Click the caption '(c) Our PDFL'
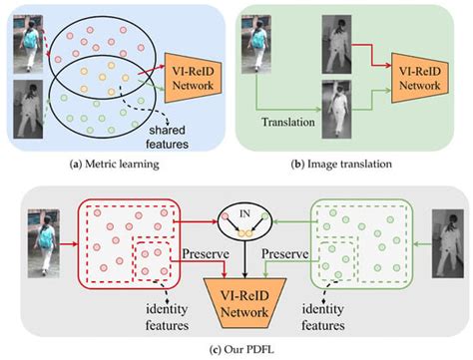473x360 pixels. click(236, 348)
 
